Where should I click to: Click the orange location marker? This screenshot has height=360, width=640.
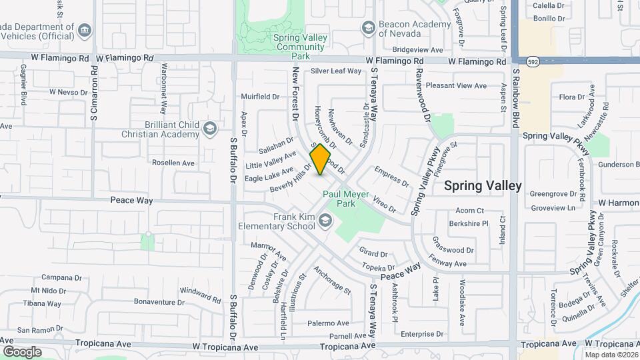321,159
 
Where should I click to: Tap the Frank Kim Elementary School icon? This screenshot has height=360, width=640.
325,220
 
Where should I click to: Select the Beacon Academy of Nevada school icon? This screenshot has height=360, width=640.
367,27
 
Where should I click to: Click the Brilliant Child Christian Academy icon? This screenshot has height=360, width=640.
210,128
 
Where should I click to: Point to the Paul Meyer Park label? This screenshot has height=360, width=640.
346,199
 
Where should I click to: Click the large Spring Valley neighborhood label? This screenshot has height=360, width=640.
482,186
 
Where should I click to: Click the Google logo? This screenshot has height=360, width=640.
22,351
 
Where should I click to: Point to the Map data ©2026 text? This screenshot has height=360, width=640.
611,355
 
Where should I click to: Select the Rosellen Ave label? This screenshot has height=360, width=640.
173,163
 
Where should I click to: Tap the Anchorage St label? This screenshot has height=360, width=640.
331,279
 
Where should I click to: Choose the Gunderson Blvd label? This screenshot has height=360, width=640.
618,165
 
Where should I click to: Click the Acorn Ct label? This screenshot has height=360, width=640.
469,211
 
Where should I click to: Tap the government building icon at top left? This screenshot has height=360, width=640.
84,30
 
